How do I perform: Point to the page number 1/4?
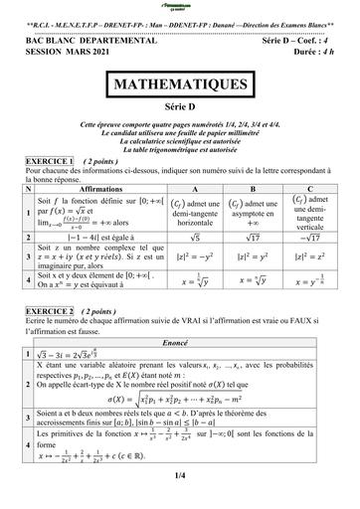tap(180, 475)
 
